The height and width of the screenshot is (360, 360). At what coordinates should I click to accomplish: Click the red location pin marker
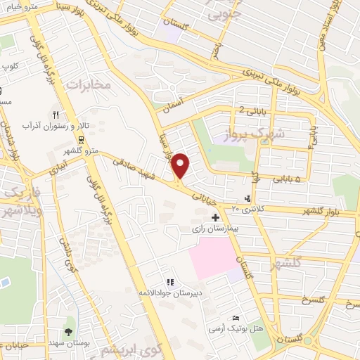coord(181,165)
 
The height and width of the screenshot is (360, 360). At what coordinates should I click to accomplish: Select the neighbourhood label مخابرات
coord(88,85)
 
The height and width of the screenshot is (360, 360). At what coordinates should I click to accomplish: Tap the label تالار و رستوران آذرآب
coord(56,126)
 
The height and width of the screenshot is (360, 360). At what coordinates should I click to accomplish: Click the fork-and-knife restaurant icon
coord(56,114)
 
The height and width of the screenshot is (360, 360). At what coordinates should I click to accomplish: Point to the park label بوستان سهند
coord(68,342)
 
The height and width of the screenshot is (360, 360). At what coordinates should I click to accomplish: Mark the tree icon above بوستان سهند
coord(68,331)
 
